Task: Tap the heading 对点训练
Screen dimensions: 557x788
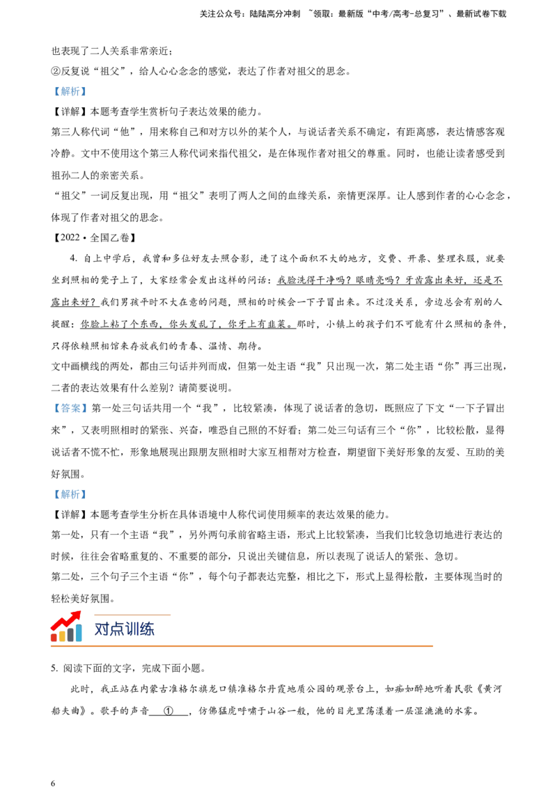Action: pos(124,629)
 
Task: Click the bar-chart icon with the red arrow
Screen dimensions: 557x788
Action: pos(66,627)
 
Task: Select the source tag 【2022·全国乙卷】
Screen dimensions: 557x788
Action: pos(95,237)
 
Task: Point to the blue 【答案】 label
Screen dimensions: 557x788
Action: pos(70,409)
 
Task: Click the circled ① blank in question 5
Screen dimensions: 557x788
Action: pos(169,711)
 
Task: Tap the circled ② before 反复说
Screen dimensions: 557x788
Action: pos(56,72)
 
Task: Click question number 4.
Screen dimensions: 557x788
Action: pos(74,258)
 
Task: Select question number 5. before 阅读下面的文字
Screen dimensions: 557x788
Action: pos(55,668)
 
